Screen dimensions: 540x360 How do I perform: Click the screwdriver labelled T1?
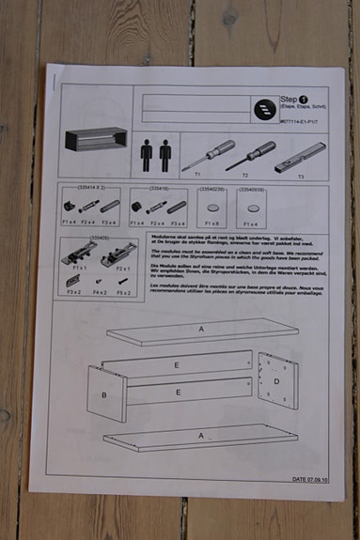coord(208,151)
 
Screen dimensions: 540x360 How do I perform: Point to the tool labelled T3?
coord(300,156)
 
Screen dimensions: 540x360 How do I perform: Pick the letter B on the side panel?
coord(105,395)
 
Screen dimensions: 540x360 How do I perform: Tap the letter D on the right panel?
coord(276,380)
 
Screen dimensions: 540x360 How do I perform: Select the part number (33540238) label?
coord(211,189)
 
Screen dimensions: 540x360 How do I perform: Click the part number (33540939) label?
coord(252,189)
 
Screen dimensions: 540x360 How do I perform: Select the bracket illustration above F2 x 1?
coord(121,252)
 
